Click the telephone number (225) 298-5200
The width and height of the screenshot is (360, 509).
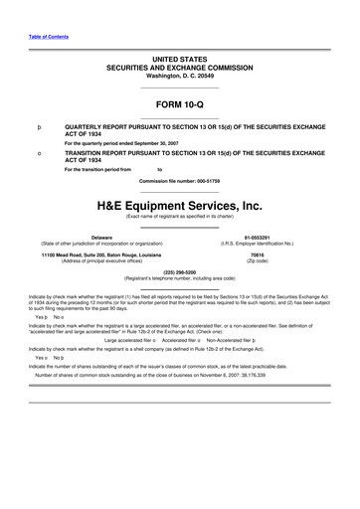point(180,271)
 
